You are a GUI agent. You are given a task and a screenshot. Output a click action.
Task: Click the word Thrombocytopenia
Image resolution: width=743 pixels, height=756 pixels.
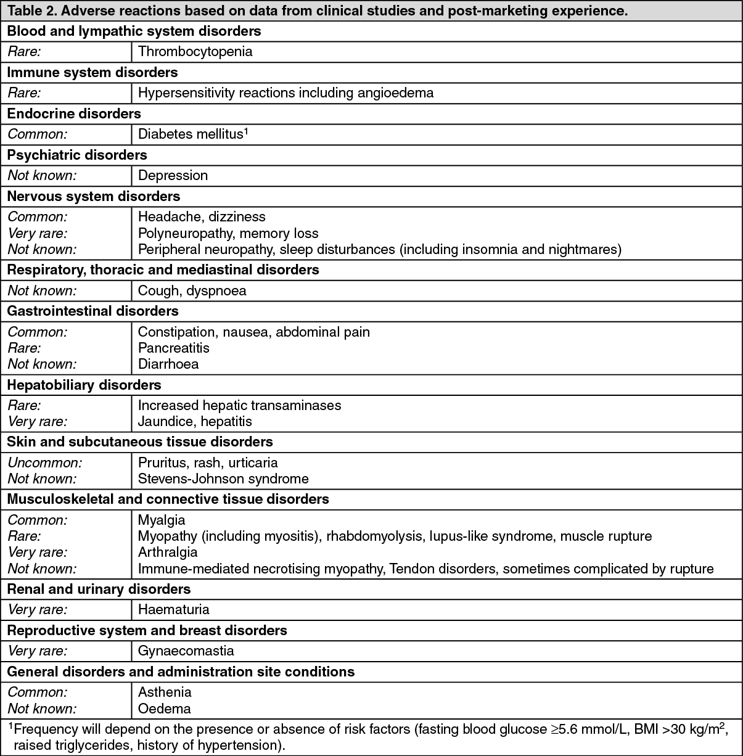pos(195,52)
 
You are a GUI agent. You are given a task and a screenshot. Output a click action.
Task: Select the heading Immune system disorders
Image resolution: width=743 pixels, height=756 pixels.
pos(92,73)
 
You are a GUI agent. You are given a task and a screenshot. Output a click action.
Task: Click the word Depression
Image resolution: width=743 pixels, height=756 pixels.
pos(173,176)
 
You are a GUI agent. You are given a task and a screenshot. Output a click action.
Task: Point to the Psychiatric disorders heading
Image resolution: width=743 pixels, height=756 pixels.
pos(77,155)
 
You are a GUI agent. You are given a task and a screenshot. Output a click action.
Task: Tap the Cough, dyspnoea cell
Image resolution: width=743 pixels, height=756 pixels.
pos(192,290)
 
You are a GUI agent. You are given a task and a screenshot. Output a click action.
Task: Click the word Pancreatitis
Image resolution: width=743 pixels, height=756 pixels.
pos(174,348)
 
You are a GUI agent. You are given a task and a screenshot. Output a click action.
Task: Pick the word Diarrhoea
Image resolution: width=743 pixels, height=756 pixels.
pos(168,364)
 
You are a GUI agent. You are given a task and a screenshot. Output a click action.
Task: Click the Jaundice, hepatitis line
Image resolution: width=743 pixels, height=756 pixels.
pos(195,421)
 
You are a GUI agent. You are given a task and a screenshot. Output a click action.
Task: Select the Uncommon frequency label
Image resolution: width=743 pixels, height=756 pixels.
pos(44,462)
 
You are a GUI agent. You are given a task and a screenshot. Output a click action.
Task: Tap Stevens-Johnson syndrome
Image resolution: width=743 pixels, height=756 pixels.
pos(223,479)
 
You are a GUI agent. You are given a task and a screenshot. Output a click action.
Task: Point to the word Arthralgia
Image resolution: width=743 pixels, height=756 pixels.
pos(168,552)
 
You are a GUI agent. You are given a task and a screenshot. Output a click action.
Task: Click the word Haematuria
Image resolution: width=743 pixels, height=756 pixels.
pos(174,610)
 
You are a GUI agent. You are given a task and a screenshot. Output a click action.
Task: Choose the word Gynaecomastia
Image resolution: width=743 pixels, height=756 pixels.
pos(186,651)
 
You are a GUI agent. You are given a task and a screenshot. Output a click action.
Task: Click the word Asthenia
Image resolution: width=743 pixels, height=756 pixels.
pos(165,692)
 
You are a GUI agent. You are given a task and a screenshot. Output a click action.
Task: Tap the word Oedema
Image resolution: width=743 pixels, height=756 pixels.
pos(164,709)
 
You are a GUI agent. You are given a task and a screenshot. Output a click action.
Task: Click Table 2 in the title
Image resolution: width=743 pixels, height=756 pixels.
pos(30,11)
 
